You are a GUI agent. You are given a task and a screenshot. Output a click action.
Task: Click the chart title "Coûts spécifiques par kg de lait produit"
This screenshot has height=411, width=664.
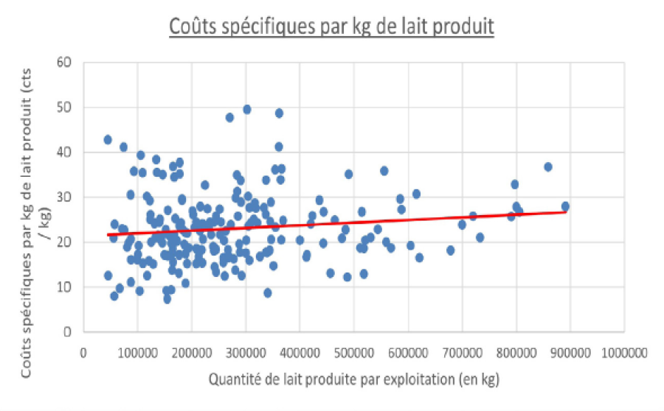pos(331,27)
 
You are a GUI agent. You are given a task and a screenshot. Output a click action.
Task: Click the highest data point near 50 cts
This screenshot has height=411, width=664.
pos(247,109)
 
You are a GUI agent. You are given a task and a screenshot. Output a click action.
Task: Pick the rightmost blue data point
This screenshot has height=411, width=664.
pos(565,206)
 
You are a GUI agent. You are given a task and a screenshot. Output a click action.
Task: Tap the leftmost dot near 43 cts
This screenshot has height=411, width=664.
pos(108,139)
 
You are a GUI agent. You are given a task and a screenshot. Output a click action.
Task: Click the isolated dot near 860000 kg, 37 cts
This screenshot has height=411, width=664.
pos(548,167)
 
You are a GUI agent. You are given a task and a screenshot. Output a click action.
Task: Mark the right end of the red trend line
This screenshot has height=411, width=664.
pos(566,211)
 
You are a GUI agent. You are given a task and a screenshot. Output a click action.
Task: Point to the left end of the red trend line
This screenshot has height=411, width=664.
pos(107,234)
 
